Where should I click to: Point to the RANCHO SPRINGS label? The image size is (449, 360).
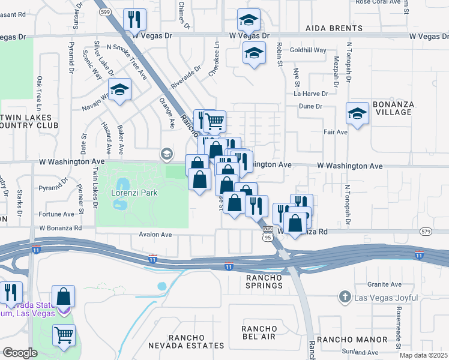[x=264, y=281]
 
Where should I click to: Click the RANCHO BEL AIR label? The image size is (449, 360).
[x=259, y=333]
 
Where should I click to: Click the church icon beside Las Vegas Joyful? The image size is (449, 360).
[x=345, y=296]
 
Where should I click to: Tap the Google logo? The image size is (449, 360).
[x=20, y=352]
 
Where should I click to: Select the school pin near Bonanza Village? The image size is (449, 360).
[x=357, y=113]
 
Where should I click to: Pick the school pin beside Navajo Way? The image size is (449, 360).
[x=120, y=90]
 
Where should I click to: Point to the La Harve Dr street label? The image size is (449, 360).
[x=310, y=94]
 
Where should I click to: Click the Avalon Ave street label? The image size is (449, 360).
[x=155, y=235]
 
